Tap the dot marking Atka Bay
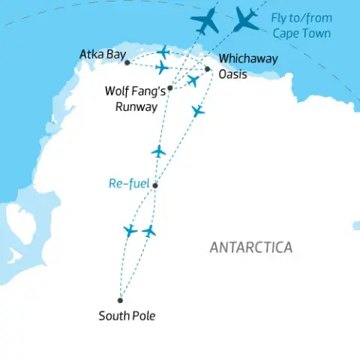click(x=127, y=62)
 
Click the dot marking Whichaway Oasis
click(x=208, y=68)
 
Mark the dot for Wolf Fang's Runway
click(x=170, y=88)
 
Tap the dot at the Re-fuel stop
click(x=154, y=185)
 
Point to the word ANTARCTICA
click(x=251, y=247)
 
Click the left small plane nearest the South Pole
click(x=131, y=229)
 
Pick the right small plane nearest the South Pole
click(x=150, y=230)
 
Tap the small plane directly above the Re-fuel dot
click(x=157, y=151)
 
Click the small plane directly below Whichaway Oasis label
click(x=197, y=111)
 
